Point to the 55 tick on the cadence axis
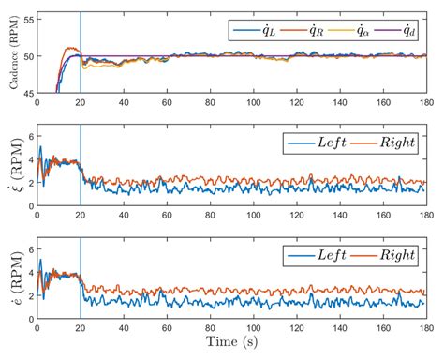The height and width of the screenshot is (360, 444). click(x=27, y=18)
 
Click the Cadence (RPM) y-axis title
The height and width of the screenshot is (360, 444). click(x=9, y=55)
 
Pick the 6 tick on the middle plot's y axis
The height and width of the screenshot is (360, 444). click(x=29, y=137)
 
